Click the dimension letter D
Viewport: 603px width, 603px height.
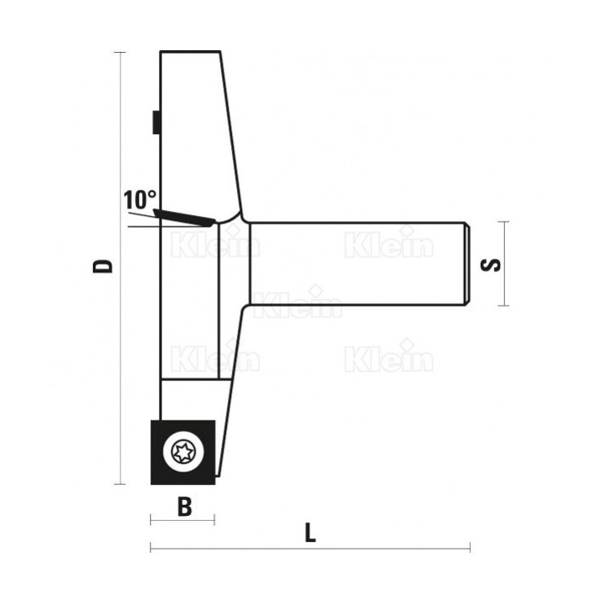(103, 266)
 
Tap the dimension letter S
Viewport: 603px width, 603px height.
(491, 265)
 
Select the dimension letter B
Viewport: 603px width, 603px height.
(184, 507)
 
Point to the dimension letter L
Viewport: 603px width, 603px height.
(311, 533)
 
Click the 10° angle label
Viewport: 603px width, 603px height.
(140, 199)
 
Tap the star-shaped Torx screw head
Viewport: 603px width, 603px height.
(183, 452)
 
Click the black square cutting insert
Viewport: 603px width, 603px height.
(183, 452)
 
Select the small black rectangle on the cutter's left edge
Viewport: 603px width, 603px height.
(157, 122)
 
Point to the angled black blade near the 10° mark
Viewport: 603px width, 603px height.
(183, 217)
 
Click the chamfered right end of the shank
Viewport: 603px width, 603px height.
(466, 264)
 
